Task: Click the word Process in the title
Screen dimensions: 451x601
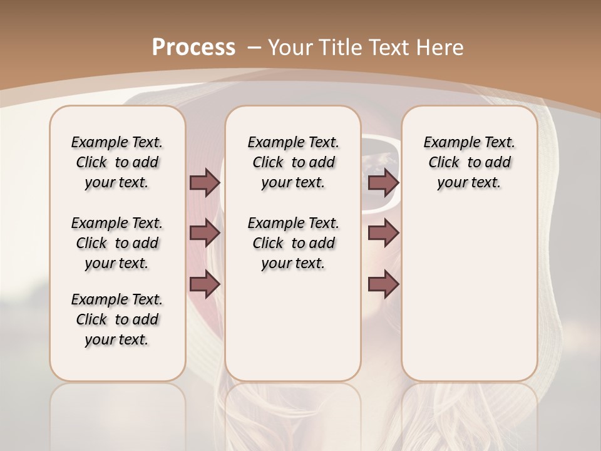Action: [193, 47]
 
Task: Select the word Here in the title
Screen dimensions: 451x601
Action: [441, 47]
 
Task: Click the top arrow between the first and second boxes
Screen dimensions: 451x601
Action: [205, 182]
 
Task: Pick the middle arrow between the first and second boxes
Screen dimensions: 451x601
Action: [205, 234]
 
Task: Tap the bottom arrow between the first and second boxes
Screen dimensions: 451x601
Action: [205, 284]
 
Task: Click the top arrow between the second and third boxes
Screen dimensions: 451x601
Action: [383, 182]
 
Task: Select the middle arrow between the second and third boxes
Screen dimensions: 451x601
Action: [383, 234]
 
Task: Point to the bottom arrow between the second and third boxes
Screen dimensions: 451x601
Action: [383, 284]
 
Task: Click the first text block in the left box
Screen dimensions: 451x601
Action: [117, 162]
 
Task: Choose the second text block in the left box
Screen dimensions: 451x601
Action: [117, 243]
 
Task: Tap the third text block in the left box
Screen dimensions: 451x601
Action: [117, 319]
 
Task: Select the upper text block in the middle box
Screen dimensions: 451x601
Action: [293, 162]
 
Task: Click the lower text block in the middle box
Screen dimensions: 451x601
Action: [293, 243]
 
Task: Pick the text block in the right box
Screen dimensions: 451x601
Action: [469, 162]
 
